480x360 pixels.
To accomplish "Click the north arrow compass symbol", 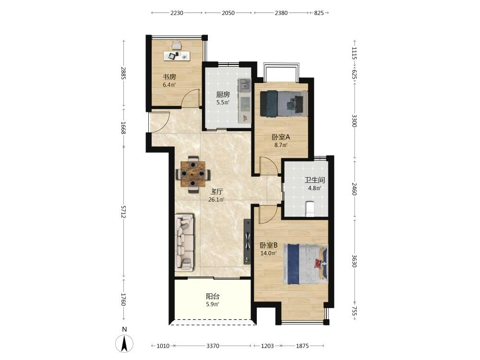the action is click(x=124, y=343).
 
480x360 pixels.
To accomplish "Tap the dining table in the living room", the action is click(x=192, y=174).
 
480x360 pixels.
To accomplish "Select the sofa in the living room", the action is click(x=185, y=242).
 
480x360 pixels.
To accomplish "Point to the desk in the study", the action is click(x=177, y=56).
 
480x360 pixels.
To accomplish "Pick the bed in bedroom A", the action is click(x=284, y=104).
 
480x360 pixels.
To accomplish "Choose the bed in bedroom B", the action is click(x=305, y=264).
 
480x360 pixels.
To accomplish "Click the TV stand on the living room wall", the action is click(x=247, y=241).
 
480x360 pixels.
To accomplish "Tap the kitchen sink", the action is click(x=245, y=85).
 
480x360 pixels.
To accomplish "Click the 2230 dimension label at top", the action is click(x=177, y=13).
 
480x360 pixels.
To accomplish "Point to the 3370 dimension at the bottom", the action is click(x=213, y=346).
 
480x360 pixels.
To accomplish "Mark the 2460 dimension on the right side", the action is click(x=354, y=189).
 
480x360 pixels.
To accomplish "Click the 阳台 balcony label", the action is click(x=213, y=296).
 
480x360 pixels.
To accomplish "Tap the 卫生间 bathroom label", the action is click(x=314, y=180).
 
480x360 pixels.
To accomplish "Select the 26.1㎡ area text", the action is click(x=216, y=200).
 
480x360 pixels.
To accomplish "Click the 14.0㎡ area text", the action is click(x=268, y=253).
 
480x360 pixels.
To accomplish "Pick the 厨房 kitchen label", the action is click(x=223, y=95).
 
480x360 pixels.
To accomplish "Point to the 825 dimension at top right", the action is click(x=319, y=13).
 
